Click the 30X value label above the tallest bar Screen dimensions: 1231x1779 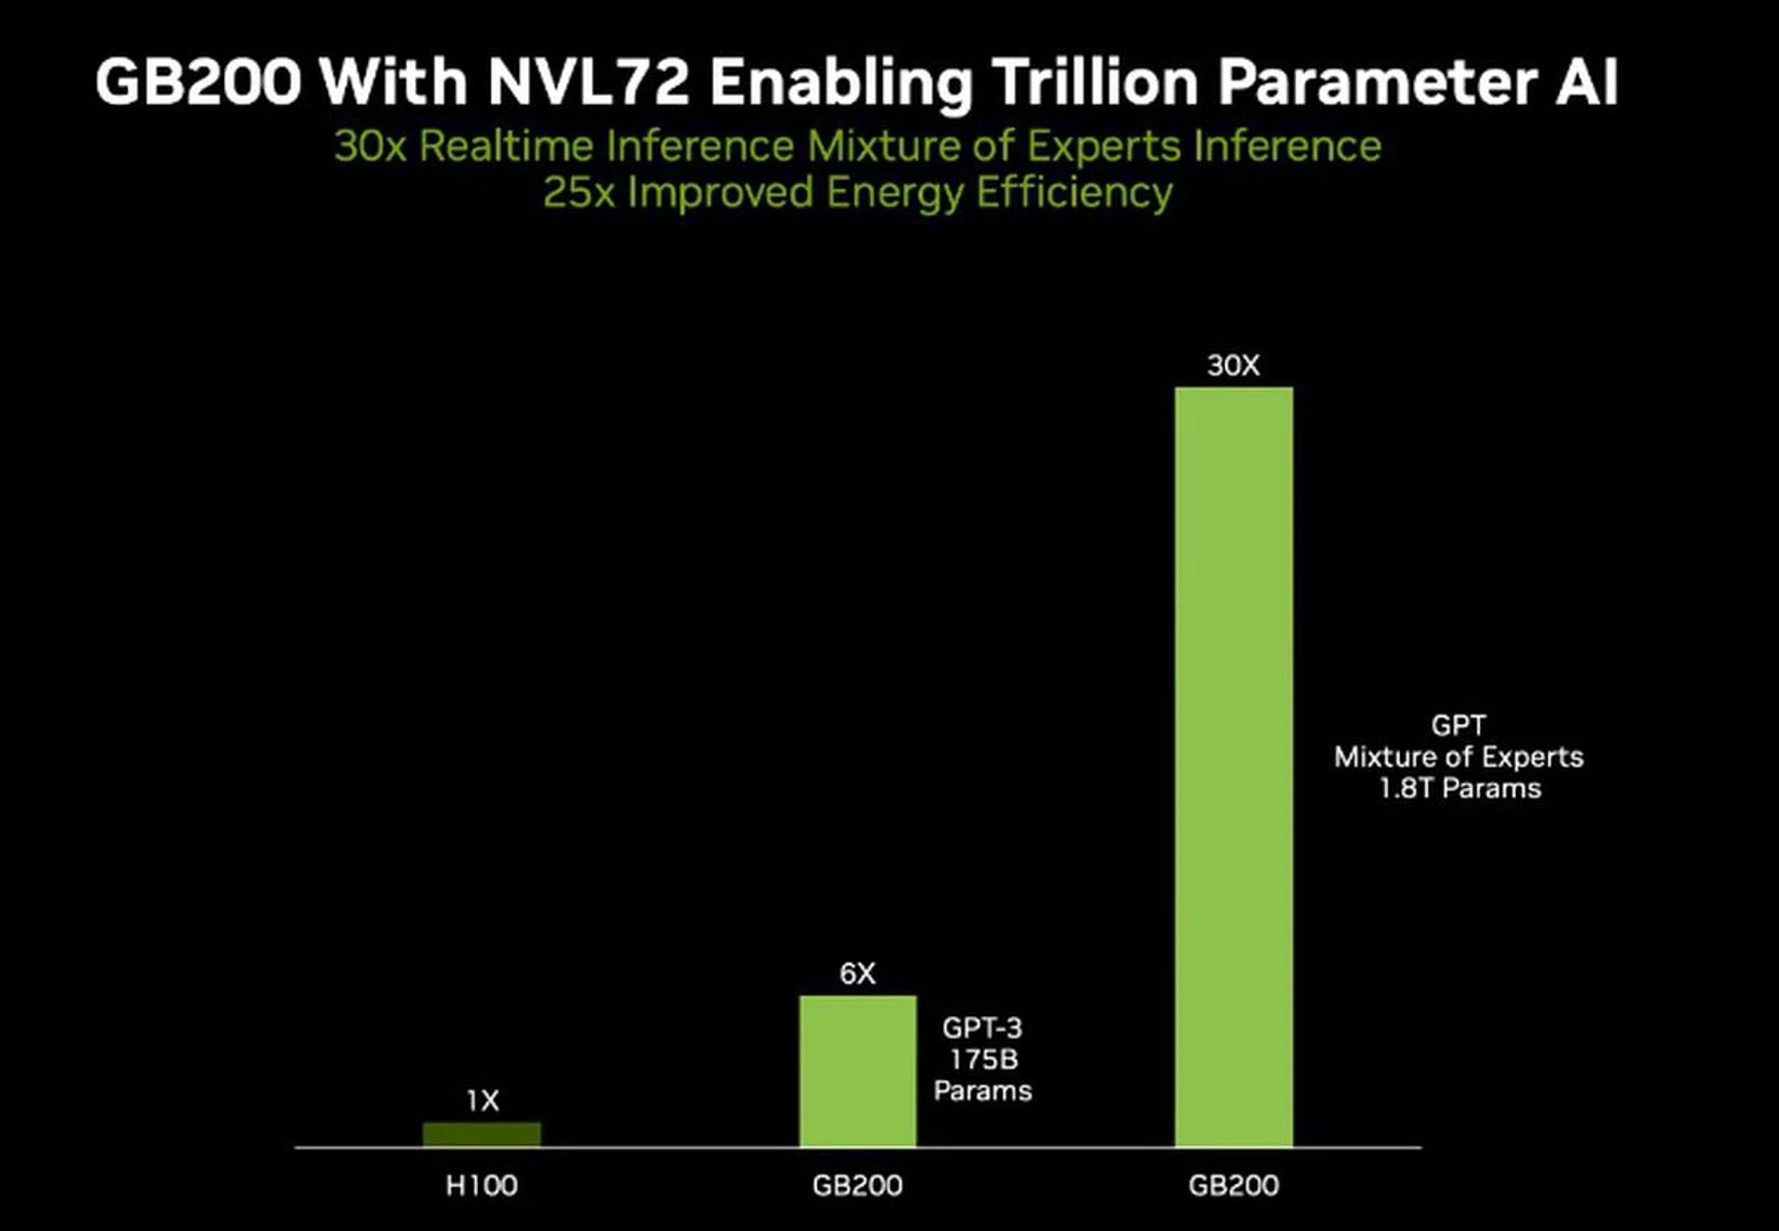[x=1233, y=366]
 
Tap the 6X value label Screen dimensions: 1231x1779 [x=857, y=974]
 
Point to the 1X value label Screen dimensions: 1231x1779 [x=483, y=1101]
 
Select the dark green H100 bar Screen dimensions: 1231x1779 [x=482, y=1135]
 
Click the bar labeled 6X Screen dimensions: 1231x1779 [x=858, y=1072]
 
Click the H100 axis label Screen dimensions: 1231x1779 [x=482, y=1186]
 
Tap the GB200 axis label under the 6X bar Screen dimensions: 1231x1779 [x=857, y=1186]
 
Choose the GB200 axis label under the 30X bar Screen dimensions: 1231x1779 [x=1233, y=1186]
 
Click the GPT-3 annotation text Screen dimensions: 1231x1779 [x=982, y=1028]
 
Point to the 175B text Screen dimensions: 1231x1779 [x=983, y=1060]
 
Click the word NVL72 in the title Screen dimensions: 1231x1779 [x=588, y=82]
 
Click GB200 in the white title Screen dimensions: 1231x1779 [x=199, y=82]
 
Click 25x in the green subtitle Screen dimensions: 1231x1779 [x=578, y=193]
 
